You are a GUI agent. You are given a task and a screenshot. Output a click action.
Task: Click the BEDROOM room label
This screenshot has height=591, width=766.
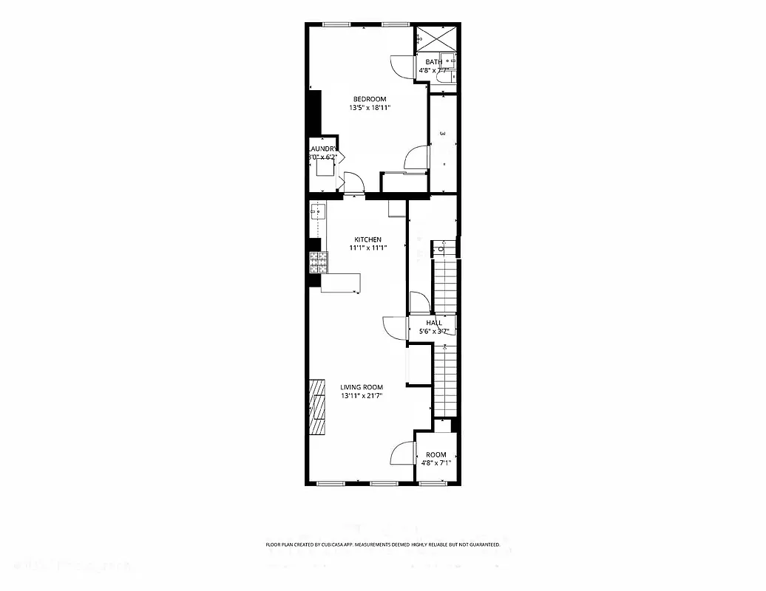[369, 100]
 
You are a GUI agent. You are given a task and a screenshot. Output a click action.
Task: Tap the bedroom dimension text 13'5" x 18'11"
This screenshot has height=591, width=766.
[369, 108]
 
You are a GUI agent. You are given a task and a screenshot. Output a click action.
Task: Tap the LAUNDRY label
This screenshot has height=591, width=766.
[322, 148]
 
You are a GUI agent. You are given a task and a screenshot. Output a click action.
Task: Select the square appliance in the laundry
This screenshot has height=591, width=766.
[326, 166]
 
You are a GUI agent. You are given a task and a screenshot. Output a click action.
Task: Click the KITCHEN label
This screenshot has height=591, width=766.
[367, 239]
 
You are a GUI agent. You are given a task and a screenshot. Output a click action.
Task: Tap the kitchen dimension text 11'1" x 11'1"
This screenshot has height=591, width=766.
[367, 247]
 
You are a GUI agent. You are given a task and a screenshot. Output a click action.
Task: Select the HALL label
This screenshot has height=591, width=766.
[434, 323]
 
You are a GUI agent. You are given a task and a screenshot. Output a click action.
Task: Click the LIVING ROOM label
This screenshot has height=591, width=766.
[362, 387]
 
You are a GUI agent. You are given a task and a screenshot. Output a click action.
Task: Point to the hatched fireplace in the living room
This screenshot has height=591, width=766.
[317, 408]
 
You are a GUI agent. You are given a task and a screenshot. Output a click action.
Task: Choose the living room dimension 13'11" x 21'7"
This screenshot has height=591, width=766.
[362, 396]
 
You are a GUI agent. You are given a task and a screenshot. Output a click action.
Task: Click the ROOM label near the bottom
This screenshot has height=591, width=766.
[436, 455]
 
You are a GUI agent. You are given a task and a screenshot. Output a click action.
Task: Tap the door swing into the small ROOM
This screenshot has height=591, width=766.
[404, 452]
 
